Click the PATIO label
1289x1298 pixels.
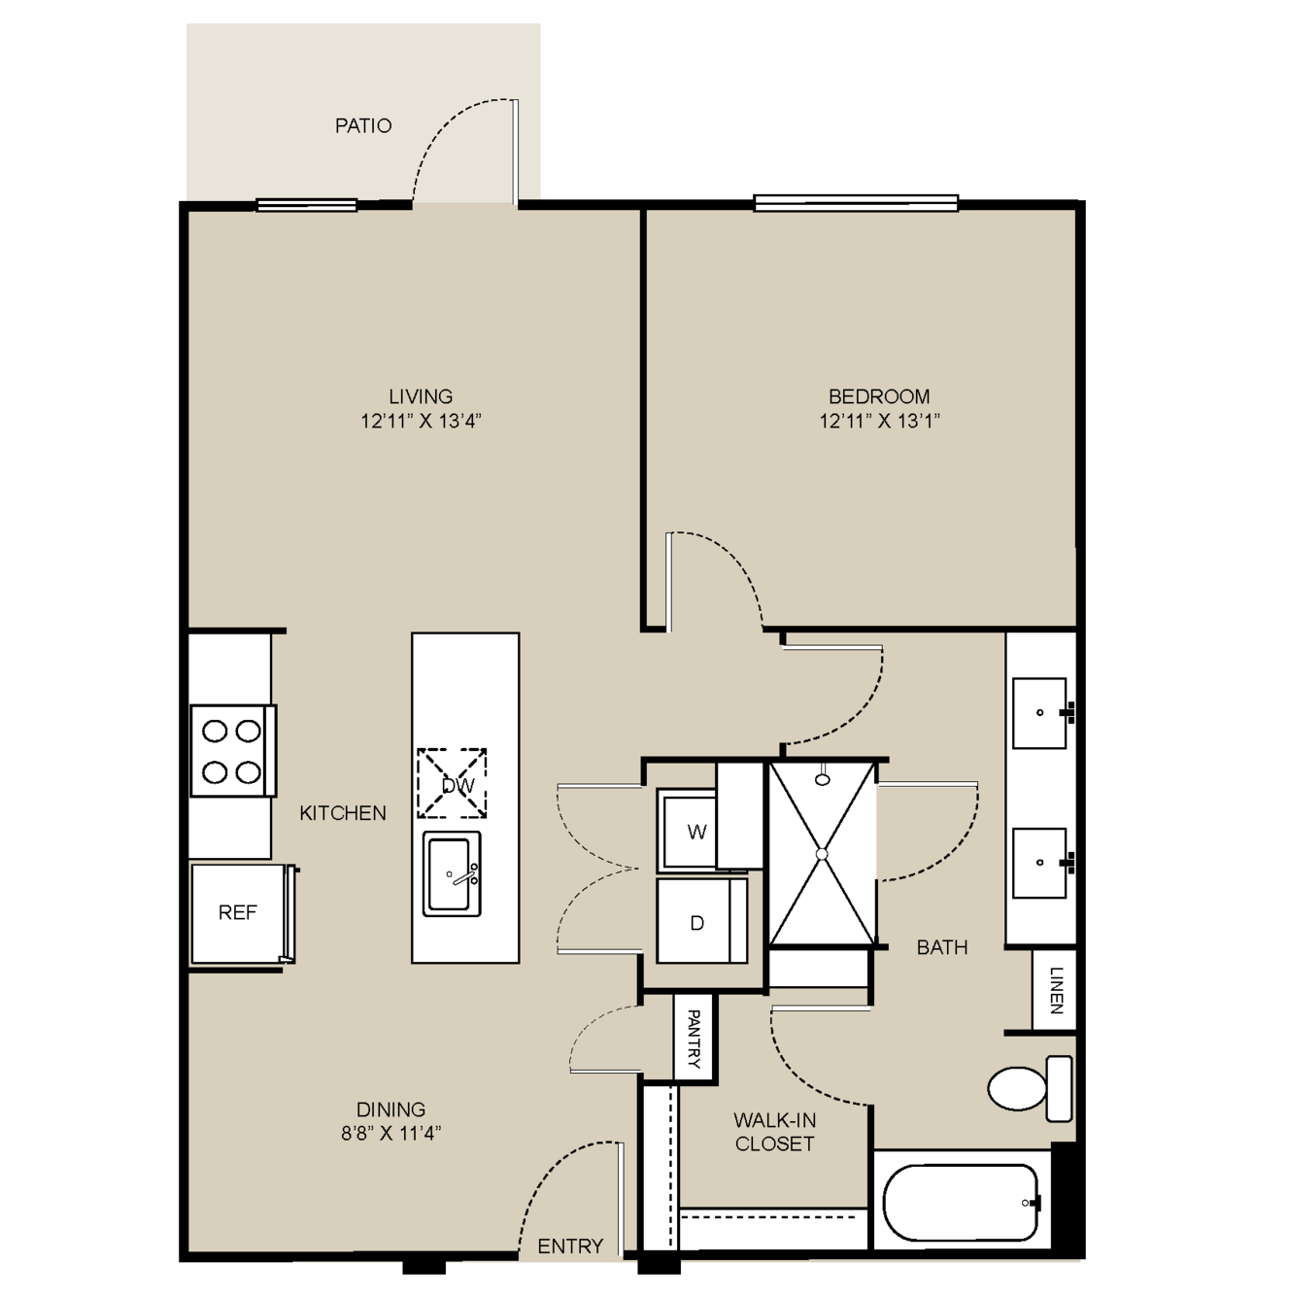363,125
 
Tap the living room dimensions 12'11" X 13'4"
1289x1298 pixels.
421,421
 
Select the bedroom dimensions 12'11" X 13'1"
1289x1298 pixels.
879,421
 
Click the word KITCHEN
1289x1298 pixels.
343,813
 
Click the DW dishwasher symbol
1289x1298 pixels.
452,783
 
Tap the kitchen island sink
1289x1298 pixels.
452,873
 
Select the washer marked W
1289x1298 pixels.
687,832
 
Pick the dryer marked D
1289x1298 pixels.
701,921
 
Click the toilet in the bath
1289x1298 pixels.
1030,1088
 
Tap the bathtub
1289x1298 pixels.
961,1203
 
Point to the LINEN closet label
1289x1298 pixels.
1056,990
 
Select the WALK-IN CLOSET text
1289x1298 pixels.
774,1132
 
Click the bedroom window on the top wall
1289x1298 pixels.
856,202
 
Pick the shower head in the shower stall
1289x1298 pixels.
823,778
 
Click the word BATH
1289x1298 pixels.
942,947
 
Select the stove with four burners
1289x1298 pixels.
233,750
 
